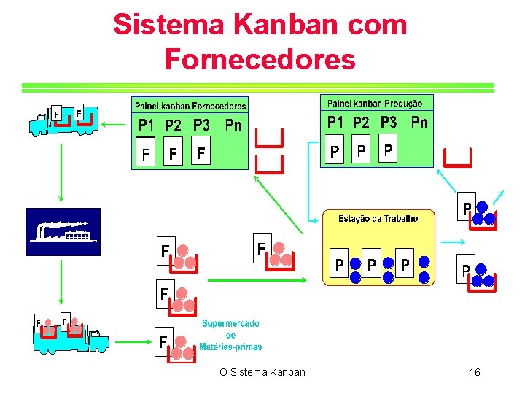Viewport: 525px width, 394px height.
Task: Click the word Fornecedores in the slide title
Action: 260,58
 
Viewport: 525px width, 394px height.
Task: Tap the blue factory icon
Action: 63,231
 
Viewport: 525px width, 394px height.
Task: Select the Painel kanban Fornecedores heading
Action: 190,105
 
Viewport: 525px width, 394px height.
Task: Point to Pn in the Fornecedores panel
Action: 233,125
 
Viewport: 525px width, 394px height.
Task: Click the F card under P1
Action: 146,155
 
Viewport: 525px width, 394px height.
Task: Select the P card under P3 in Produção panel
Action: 389,151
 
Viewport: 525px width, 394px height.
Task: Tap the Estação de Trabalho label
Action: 378,218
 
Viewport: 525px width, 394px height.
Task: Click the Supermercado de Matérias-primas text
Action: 231,335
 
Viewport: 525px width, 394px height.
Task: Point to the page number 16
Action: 475,373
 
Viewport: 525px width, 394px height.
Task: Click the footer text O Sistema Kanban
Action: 262,373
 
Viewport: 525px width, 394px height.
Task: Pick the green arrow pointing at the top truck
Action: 114,125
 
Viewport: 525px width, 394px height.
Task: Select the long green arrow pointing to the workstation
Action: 255,279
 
